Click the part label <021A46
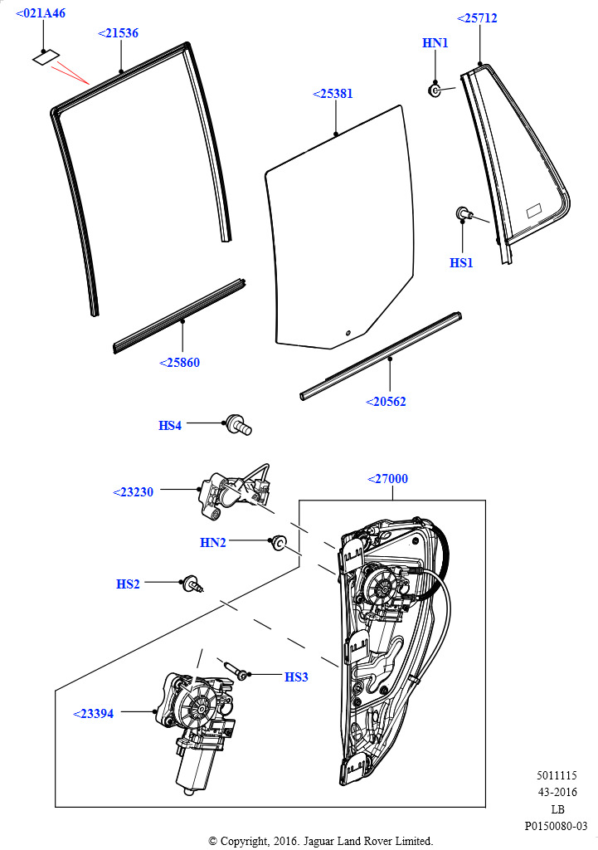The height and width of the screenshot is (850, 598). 41,13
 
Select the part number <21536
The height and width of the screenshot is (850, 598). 118,33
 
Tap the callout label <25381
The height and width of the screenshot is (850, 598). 333,94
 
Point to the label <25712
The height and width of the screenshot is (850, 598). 477,18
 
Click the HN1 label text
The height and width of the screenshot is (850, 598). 435,43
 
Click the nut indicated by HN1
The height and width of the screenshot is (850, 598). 435,90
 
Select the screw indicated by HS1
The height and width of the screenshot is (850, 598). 464,213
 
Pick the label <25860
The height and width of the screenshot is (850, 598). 179,363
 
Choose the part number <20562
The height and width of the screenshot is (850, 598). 386,402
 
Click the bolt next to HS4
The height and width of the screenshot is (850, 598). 239,424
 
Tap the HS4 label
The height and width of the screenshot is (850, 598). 169,426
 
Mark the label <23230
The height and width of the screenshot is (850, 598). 133,492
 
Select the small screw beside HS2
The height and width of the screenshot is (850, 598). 193,584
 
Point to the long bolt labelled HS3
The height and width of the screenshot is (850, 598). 236,669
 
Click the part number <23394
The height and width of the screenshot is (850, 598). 93,714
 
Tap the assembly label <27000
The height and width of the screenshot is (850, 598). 387,479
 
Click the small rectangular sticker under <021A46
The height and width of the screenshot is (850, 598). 46,57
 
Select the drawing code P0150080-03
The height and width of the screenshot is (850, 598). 556,826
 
